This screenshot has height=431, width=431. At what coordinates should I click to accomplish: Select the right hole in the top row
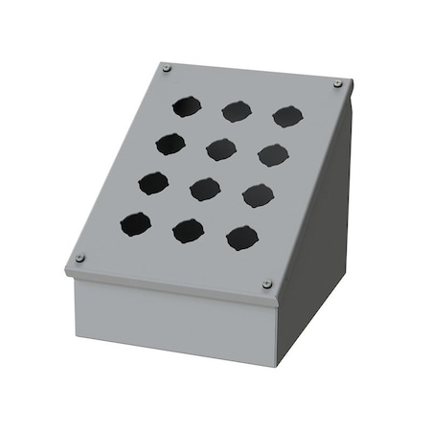[287, 117]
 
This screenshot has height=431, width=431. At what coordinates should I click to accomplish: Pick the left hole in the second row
[170, 143]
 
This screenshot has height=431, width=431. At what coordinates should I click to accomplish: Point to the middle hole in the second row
[220, 148]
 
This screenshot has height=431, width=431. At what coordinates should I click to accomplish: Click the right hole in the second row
[273, 154]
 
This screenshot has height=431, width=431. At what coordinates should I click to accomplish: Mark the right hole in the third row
[258, 195]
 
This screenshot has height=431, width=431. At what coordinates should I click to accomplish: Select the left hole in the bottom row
[136, 225]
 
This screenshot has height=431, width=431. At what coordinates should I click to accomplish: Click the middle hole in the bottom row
[189, 231]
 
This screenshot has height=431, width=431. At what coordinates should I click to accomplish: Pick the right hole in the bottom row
[242, 237]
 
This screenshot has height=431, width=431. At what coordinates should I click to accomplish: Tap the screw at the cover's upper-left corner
[168, 68]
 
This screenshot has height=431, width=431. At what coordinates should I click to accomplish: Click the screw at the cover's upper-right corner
[338, 85]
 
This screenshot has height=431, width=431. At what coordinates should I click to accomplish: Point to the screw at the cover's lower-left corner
[80, 258]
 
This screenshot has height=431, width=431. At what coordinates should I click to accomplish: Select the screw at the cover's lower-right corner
[266, 284]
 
